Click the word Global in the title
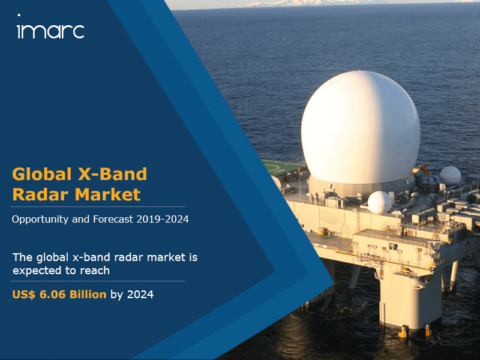[42, 174]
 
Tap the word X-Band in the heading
[113, 174]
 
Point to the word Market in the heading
[108, 194]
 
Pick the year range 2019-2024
[163, 219]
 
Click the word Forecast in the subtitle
[113, 219]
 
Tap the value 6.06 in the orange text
[52, 295]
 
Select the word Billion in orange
[88, 295]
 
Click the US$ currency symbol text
[23, 295]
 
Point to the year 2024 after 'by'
[140, 295]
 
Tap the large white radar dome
[361, 128]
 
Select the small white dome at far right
[451, 176]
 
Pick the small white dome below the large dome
[380, 202]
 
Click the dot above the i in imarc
[19, 15]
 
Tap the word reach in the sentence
[95, 271]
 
